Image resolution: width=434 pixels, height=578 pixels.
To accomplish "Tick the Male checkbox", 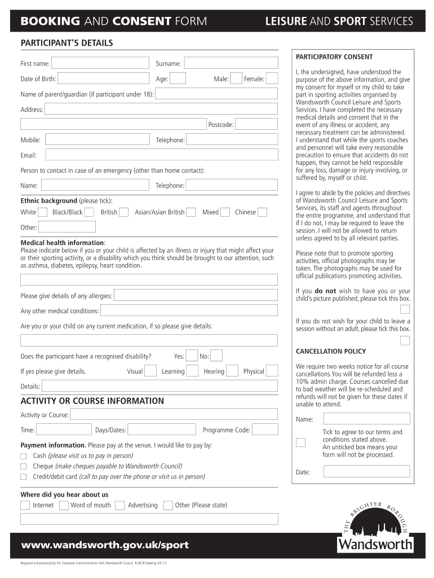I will pos(237,79).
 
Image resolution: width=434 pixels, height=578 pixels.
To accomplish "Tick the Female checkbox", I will pos(272,79).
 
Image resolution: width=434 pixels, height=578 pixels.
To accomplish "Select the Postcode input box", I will pos(256,125).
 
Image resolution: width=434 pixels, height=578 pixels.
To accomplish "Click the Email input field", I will pos(161,155).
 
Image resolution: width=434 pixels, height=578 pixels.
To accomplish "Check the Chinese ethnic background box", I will pos(262,212).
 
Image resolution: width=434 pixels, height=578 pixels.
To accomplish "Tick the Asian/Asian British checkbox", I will pos(191,212).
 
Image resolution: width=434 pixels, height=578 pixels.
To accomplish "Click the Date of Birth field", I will pos(104,79).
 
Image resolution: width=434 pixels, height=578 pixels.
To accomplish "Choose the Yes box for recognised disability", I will pos(192,356).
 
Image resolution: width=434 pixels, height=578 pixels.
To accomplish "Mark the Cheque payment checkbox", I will pos(24,467).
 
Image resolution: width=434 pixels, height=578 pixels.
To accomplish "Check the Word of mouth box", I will pos(64,505).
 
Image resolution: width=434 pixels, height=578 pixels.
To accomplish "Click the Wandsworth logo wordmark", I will pos(375,545).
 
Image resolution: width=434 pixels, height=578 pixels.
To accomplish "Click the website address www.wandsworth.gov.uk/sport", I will pos(105,545).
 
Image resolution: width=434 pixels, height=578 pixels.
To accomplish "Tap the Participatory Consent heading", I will pos(334,57).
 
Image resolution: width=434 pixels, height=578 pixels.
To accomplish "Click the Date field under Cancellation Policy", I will pos(366,472).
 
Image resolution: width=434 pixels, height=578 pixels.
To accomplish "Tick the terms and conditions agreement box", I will pos(302,442).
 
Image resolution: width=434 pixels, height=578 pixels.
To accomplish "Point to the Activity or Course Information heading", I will pos(92,401).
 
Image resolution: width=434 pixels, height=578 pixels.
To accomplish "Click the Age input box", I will pos(178,79).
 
